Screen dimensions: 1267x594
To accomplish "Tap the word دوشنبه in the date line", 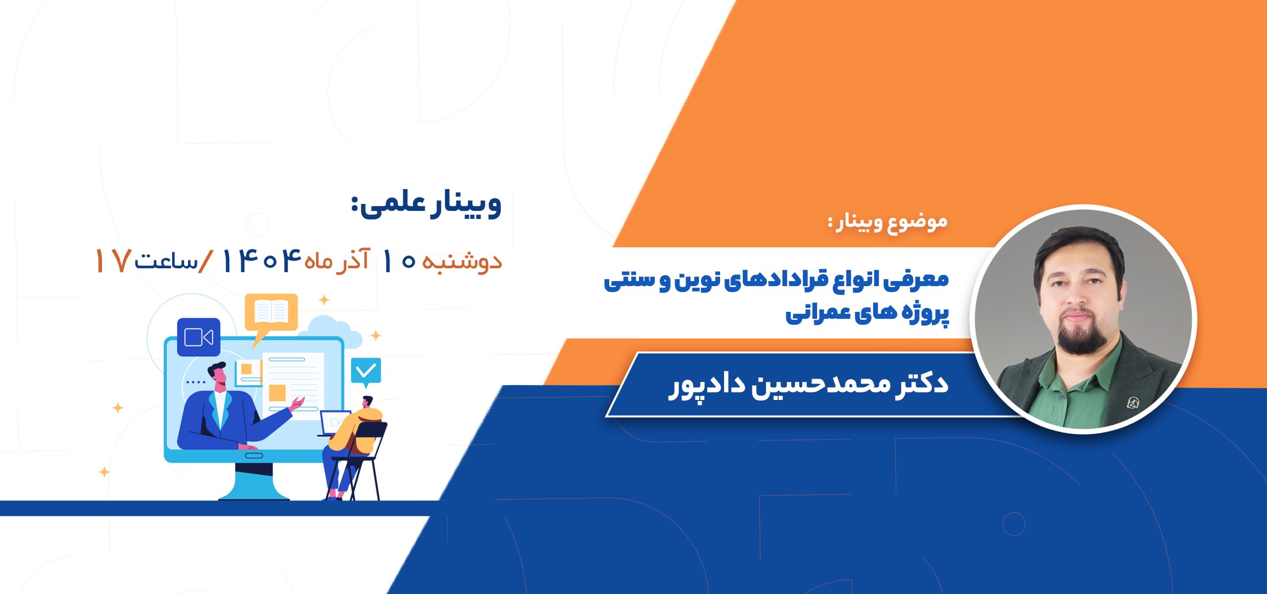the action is [x=462, y=261].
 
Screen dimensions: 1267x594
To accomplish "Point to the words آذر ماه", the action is [x=337, y=259].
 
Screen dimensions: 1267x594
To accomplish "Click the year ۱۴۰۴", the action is [x=262, y=260].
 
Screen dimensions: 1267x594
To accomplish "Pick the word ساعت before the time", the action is [x=166, y=261].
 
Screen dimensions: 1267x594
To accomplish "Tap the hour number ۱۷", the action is [x=113, y=261].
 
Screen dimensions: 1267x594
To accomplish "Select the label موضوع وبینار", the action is [x=888, y=221].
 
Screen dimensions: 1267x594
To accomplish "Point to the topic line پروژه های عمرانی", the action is [x=867, y=312].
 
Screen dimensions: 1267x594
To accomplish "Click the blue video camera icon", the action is [x=198, y=337].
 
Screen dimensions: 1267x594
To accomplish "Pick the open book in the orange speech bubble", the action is [x=271, y=311].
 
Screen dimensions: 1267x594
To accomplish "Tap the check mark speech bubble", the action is [x=366, y=372].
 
